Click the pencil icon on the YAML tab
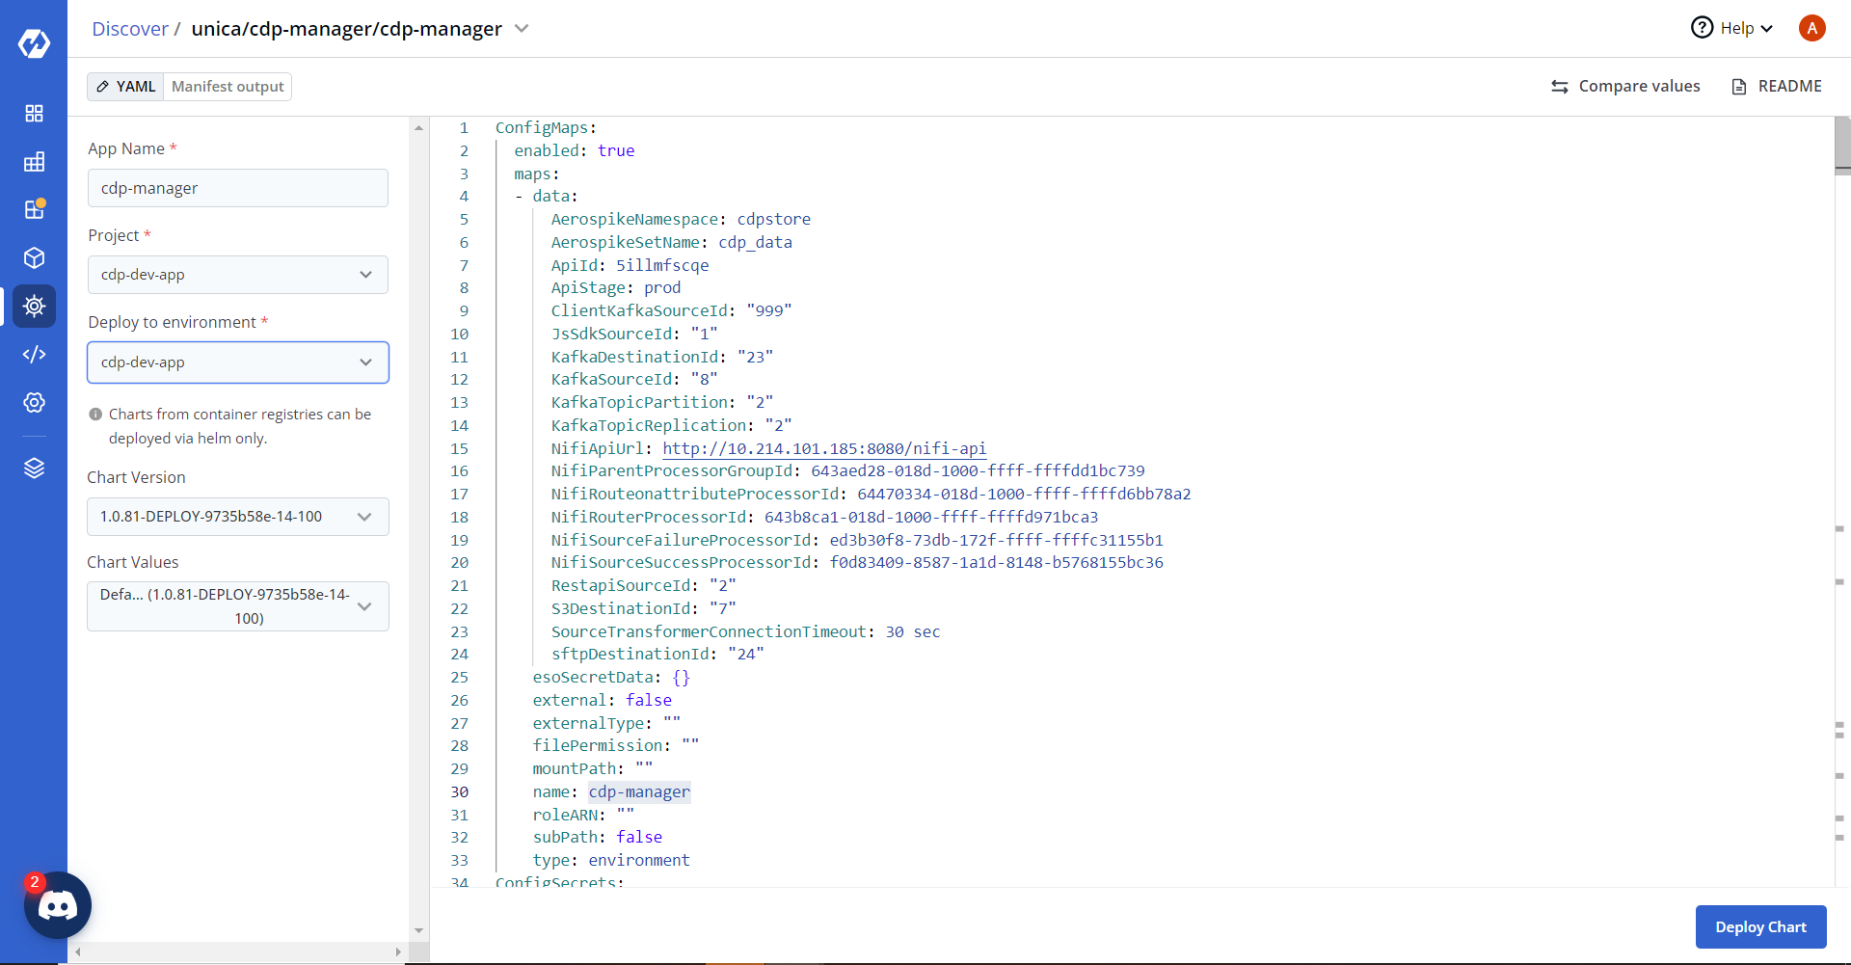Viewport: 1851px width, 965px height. point(102,87)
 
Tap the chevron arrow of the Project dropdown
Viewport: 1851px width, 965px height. point(365,275)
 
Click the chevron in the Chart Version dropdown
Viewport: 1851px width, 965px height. point(364,517)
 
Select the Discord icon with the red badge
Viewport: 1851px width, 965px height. point(58,905)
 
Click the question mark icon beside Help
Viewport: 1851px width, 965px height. point(1702,28)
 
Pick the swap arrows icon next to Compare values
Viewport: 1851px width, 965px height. point(1560,87)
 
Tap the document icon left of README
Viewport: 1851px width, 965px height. point(1739,87)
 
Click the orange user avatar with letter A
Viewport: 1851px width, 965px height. point(1812,28)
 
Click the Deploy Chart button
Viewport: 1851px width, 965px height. point(1760,926)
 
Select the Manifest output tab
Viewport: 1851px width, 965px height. point(228,87)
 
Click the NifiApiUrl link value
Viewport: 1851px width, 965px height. point(824,448)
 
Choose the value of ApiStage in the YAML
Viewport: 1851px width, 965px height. point(662,288)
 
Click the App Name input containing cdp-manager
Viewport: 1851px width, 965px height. point(238,188)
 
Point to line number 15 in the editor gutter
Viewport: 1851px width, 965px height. point(459,448)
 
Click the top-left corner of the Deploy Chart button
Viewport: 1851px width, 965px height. point(1696,905)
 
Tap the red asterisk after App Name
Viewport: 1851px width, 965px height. point(174,147)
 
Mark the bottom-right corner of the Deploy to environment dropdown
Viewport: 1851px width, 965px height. point(389,383)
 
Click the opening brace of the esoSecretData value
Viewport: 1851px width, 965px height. point(677,678)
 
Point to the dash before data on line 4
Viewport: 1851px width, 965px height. point(519,197)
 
